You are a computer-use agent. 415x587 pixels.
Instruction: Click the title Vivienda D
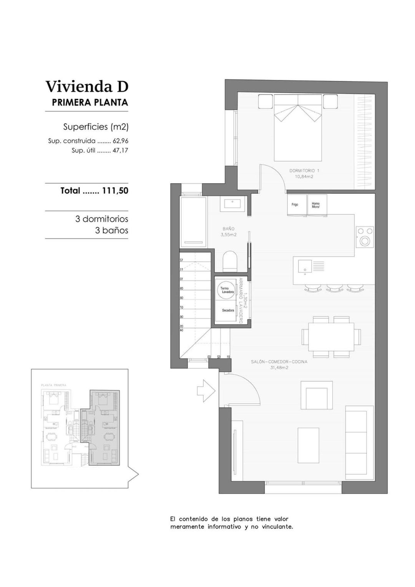tap(87, 86)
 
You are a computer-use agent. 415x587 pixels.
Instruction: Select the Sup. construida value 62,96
tap(120, 141)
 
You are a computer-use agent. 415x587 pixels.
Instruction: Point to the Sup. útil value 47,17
tap(120, 151)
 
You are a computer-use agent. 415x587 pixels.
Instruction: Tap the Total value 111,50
tap(115, 191)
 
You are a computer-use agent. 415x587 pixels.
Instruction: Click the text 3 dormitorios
tap(101, 219)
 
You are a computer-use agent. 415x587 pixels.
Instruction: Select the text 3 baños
tap(111, 230)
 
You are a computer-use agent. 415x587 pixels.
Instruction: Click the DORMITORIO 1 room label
tap(304, 171)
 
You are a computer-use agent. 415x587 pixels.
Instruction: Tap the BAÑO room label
tap(228, 229)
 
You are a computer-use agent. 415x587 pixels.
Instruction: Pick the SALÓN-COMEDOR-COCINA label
tap(279, 362)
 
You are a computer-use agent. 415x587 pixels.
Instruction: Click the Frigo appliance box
tap(296, 205)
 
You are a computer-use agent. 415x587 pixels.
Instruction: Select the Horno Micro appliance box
tap(316, 205)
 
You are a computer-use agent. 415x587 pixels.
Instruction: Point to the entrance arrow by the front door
tap(206, 391)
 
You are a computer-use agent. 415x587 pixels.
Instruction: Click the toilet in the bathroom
tap(230, 261)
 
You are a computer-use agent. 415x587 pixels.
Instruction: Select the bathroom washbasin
tap(232, 204)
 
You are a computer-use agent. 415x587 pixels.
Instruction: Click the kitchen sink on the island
tap(305, 266)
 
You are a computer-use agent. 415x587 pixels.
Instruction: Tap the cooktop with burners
tap(364, 237)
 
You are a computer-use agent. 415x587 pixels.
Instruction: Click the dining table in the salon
tap(331, 337)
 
